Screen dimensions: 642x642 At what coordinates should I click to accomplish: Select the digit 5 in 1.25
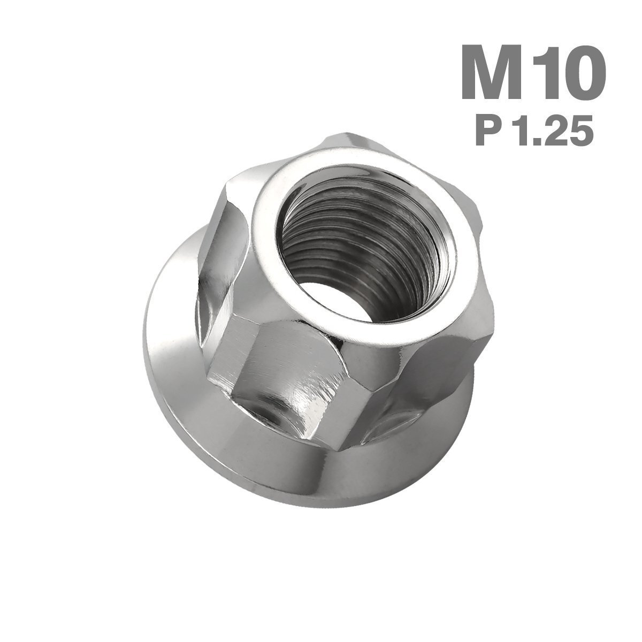[x=582, y=132]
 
